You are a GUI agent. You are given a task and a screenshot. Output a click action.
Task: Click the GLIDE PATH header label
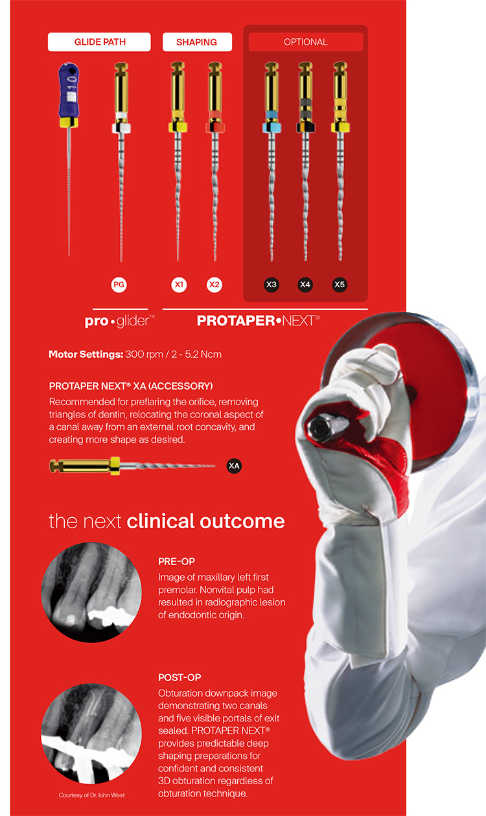coord(99,42)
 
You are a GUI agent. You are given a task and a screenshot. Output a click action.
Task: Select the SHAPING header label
coord(196,42)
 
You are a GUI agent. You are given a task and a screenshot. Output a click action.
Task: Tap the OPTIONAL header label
coord(305,42)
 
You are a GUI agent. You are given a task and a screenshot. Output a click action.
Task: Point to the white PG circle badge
coord(120,285)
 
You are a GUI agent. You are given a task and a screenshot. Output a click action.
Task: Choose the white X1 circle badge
coord(179,285)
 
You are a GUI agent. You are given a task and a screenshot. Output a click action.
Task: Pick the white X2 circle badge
coord(214,285)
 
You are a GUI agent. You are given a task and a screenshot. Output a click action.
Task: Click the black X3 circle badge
coord(272,285)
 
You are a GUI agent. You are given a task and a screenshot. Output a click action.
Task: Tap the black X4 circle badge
coord(305,285)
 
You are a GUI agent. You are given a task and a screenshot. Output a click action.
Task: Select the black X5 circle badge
coord(339,285)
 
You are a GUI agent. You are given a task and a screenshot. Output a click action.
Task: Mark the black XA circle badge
coord(234,465)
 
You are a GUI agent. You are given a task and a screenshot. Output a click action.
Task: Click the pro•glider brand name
coord(120,321)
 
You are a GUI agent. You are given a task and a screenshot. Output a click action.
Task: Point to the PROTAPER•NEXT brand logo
coord(258,320)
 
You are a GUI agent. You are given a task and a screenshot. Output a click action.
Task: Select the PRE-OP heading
coord(176,561)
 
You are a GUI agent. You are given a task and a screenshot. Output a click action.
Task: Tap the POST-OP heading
coord(179,677)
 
